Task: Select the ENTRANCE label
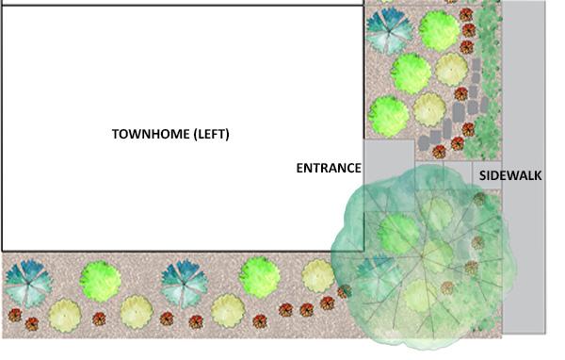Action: (x=329, y=169)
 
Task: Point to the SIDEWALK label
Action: (x=510, y=175)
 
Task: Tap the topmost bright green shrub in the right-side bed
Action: (x=438, y=30)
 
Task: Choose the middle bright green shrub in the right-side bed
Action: (x=411, y=73)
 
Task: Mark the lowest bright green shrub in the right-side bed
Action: (x=389, y=115)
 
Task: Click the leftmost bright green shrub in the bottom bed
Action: (x=100, y=280)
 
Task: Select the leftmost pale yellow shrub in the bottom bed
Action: (x=64, y=313)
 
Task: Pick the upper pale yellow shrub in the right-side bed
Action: (x=452, y=69)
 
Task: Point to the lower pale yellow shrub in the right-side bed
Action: (x=429, y=109)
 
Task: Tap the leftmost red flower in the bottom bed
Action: (x=14, y=316)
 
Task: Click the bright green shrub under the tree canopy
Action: (x=397, y=234)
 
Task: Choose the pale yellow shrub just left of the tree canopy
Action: (x=318, y=275)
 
